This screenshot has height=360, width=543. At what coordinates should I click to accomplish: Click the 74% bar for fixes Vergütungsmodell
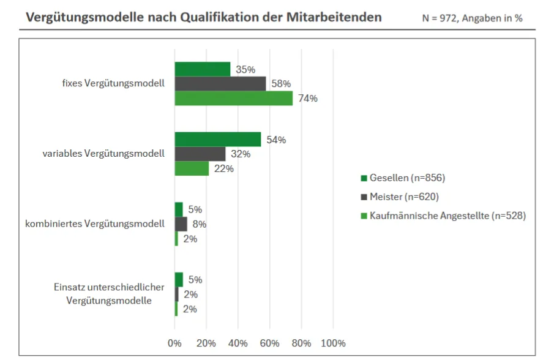coord(233,98)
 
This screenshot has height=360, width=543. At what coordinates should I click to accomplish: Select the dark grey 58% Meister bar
coord(220,84)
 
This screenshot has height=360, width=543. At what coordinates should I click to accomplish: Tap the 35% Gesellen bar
coord(202,69)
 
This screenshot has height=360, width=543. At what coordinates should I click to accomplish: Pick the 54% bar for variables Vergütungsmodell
coord(217,140)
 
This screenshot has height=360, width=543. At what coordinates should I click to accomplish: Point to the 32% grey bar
coord(200,154)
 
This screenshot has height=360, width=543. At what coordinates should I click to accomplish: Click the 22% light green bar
coord(192,168)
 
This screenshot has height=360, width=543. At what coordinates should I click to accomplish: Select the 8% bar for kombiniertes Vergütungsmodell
coord(181,224)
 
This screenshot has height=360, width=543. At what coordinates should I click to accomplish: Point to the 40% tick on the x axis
coord(238,343)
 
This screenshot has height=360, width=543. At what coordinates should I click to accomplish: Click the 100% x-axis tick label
coord(333,343)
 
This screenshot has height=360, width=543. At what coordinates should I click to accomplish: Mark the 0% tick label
coord(174,343)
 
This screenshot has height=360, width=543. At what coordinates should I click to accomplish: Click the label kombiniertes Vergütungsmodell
coord(94,224)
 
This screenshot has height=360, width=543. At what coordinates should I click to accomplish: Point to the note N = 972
coord(440,18)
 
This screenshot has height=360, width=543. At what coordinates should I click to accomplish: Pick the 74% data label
coord(308,98)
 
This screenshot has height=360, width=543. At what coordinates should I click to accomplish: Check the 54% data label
coord(276,140)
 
